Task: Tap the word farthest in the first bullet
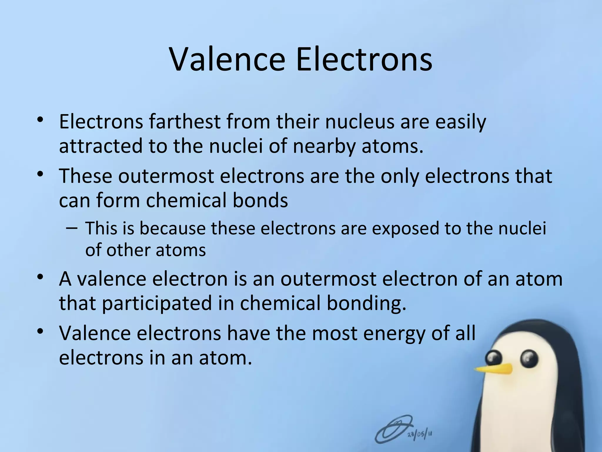point(185,122)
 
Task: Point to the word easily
point(461,122)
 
